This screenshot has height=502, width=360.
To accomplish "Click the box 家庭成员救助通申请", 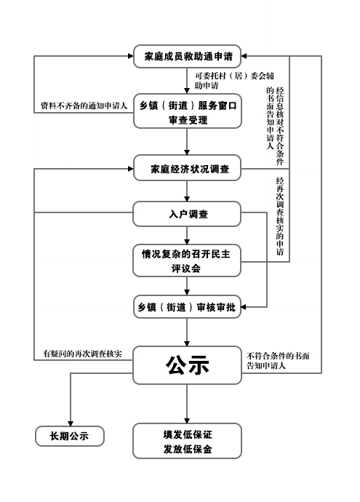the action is [x=187, y=56].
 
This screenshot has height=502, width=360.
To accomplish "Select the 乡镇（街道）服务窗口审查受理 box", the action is [x=187, y=111].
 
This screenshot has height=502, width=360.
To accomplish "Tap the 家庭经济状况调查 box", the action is [x=187, y=168].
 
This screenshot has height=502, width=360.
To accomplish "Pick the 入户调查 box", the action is [x=187, y=214].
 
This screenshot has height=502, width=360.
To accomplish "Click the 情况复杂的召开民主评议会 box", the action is [x=187, y=260].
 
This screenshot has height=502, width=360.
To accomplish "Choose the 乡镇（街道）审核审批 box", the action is [x=187, y=307].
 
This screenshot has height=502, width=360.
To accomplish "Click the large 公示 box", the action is [x=187, y=365].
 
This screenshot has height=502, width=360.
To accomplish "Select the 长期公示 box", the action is [x=70, y=436].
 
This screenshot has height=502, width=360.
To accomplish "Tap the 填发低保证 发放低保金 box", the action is [x=187, y=441].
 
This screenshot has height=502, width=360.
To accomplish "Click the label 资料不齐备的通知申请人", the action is [x=84, y=105].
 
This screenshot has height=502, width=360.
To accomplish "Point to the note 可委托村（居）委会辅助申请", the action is [x=235, y=80].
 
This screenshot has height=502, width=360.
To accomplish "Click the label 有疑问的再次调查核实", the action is [x=83, y=354].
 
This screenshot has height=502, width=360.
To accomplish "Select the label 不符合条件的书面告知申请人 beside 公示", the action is [x=278, y=360].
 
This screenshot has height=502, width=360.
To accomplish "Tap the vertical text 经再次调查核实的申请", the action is [x=280, y=216].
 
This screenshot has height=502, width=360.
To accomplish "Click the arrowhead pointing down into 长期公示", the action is [x=71, y=423].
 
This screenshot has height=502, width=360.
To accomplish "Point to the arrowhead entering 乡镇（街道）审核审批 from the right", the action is [x=244, y=307].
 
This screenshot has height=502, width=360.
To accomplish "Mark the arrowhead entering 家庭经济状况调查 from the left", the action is [x=131, y=169].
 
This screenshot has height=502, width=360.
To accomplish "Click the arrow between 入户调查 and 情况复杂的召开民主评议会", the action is [x=187, y=236].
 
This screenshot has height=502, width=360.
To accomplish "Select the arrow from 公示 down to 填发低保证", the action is [x=187, y=404].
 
